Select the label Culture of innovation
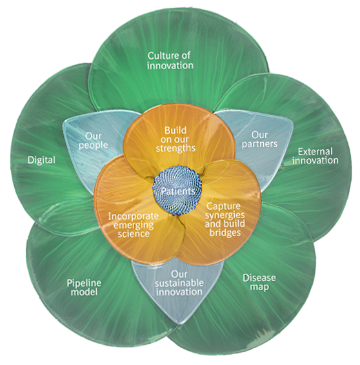[x=170, y=60]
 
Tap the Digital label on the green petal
[x=41, y=159]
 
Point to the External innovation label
[x=315, y=156]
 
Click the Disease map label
[x=259, y=282]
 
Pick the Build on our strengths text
[x=175, y=139]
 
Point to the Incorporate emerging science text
[x=129, y=224]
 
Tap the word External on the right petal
[x=314, y=151]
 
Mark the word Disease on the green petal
[x=259, y=278]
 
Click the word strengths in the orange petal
[x=175, y=148]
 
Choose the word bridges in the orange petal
[x=227, y=232]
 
